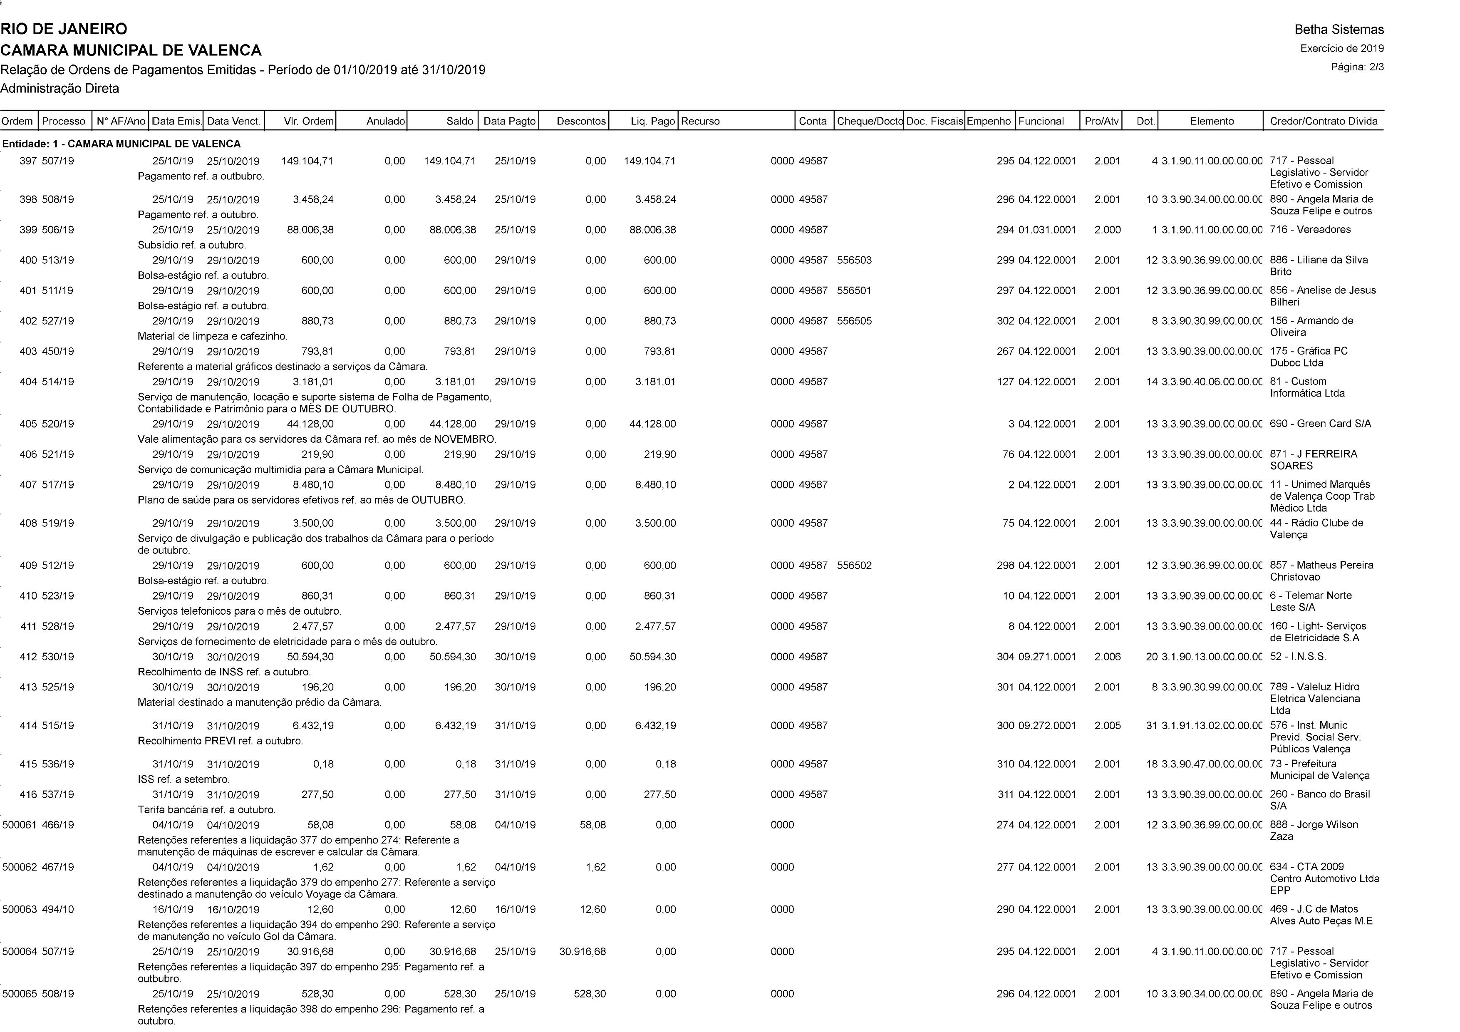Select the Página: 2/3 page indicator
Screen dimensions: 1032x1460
tap(1357, 67)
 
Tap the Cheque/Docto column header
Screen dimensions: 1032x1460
tap(869, 121)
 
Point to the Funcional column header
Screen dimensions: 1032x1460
tap(1041, 121)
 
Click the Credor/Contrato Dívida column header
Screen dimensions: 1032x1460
tap(1323, 121)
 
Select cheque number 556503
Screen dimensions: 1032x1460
tap(854, 260)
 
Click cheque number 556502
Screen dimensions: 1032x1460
tap(854, 565)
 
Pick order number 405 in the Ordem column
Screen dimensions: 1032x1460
tap(28, 424)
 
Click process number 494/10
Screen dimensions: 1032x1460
tap(58, 909)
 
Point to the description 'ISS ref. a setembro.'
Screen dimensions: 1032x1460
tap(184, 779)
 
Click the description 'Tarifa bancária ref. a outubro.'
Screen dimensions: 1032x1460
tap(207, 809)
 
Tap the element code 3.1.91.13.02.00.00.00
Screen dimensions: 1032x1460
tap(1211, 725)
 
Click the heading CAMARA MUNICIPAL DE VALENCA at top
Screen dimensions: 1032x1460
tap(131, 50)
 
